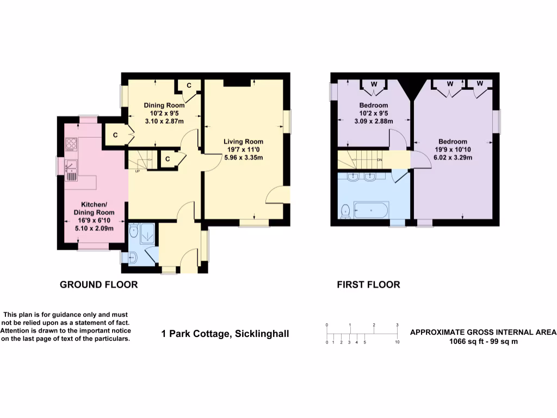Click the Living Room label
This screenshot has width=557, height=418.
coord(243,142)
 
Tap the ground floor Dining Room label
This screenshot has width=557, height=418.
coord(164,105)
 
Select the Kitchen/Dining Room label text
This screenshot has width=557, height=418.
coord(94,207)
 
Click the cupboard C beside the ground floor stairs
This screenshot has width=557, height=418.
coord(167,159)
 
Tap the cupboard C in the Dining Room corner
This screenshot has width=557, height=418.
coord(189,85)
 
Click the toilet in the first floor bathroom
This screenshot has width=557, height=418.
coord(345,211)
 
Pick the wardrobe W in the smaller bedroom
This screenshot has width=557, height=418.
coord(374,84)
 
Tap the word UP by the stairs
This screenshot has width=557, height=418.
coord(137,172)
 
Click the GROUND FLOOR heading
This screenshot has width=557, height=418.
coord(98,285)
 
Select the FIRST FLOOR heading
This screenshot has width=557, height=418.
coord(368,285)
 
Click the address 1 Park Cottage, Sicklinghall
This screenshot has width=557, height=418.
coord(225,334)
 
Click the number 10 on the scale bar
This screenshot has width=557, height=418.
coord(397,343)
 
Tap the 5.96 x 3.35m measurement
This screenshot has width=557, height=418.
coord(243,158)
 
